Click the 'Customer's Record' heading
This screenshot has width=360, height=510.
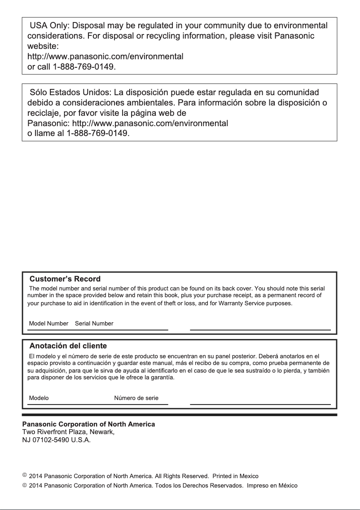tap(65, 279)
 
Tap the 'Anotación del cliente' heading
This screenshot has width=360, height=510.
tap(68, 346)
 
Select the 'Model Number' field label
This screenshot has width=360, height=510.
tap(48, 323)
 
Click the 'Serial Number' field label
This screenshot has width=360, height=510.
tap(94, 323)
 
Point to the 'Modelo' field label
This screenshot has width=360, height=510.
tap(39, 398)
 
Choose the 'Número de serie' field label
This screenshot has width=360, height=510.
tap(136, 398)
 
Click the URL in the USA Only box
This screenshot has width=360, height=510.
tap(105, 57)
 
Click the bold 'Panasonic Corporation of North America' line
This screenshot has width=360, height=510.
tap(89, 424)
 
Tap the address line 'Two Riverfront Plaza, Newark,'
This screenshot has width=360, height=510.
tap(69, 432)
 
